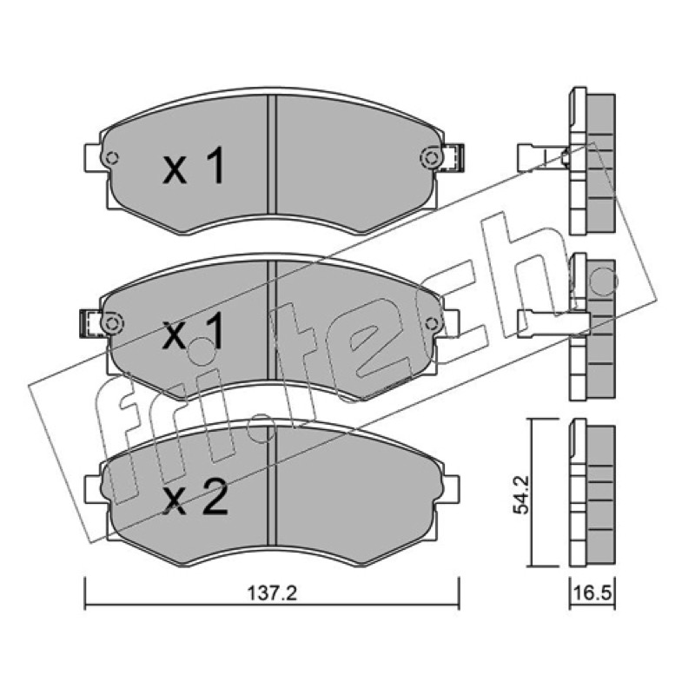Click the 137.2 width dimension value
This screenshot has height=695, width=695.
click(x=272, y=593)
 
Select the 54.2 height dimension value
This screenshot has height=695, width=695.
click(x=520, y=494)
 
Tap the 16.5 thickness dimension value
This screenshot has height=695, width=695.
click(x=592, y=593)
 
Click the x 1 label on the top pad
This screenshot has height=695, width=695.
click(x=194, y=166)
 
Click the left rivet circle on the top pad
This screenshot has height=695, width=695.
click(x=111, y=158)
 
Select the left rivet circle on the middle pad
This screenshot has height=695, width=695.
click(x=111, y=323)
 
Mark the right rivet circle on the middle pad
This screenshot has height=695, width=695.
click(x=431, y=323)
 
